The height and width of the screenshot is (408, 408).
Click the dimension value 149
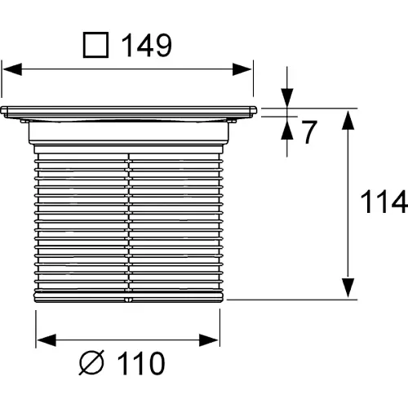point(147,46)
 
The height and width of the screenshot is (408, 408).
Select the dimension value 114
point(384,202)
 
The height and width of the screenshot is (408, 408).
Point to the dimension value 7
point(309,132)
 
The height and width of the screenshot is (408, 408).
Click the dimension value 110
point(141,363)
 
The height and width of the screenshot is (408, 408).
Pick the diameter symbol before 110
point(91,363)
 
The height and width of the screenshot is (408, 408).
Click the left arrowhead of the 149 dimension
point(12,69)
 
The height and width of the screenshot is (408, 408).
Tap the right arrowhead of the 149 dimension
point(242,69)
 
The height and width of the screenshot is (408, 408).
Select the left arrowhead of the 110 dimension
point(47,340)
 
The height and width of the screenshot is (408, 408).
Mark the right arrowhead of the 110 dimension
point(209,340)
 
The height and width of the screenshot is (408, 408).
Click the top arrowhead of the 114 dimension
point(348,120)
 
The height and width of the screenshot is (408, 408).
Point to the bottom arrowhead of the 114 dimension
point(348,288)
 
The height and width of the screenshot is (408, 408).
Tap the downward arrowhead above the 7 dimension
point(287,98)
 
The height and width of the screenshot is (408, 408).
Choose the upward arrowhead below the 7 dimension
point(287,130)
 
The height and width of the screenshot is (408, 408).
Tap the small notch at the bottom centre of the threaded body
point(128,299)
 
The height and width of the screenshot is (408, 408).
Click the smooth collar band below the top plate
point(129,132)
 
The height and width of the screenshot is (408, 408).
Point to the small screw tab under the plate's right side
point(232,121)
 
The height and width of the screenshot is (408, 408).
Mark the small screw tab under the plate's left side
point(24,121)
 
